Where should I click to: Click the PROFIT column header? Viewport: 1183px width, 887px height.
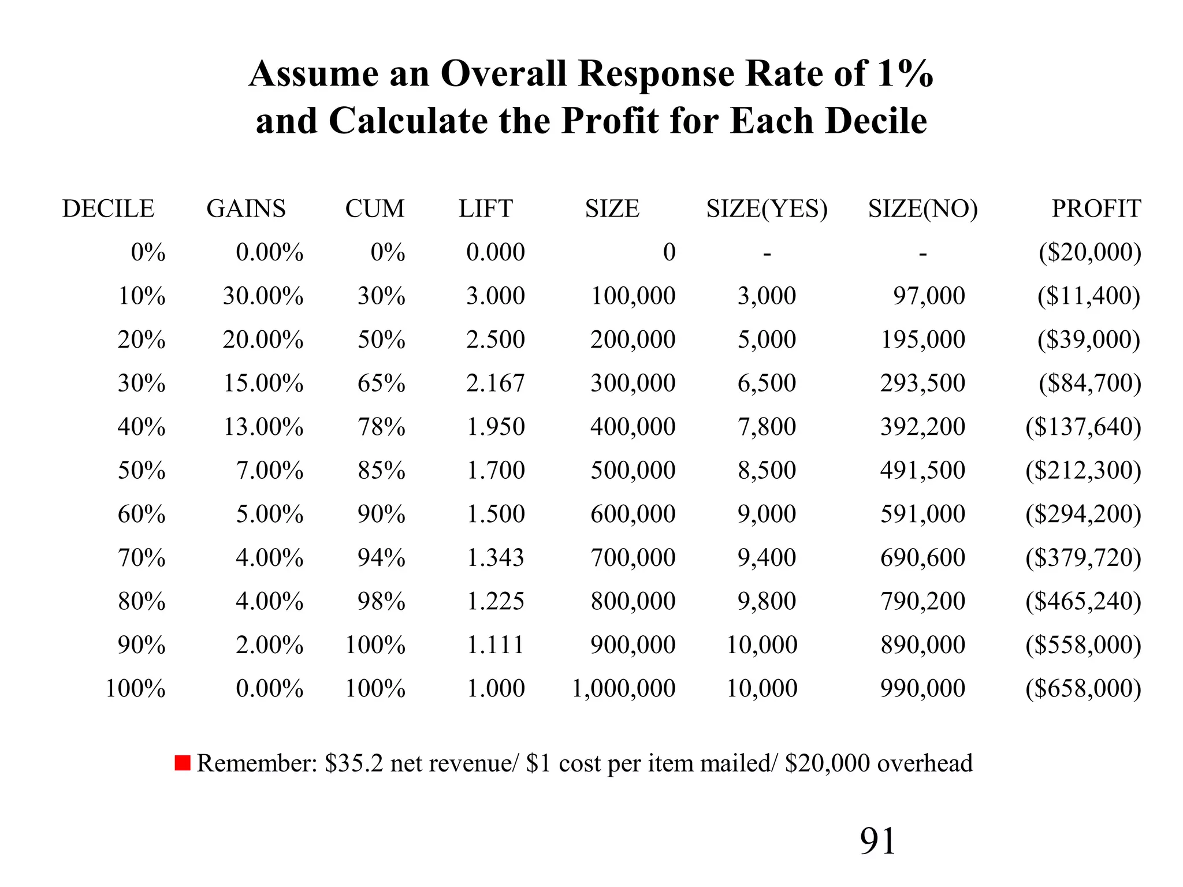(1096, 208)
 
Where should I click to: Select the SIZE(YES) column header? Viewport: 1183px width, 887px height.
(767, 208)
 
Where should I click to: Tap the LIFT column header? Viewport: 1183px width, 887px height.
(485, 208)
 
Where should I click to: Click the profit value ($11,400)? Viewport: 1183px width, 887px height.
(1089, 296)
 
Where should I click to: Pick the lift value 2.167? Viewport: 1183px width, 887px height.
(495, 383)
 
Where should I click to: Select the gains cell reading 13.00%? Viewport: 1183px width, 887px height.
(263, 427)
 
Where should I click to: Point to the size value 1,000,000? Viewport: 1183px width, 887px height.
(623, 688)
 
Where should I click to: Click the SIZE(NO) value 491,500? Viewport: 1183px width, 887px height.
(922, 470)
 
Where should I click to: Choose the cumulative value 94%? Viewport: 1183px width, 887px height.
(381, 557)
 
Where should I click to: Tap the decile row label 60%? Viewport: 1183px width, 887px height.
(142, 514)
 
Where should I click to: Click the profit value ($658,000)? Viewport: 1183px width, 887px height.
(1083, 688)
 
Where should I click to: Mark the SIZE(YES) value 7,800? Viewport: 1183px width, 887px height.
(767, 427)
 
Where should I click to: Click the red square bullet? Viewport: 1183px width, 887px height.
(183, 763)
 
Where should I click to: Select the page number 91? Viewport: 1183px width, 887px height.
(877, 841)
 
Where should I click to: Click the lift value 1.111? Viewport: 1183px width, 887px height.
(495, 644)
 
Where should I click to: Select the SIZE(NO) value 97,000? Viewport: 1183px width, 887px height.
(929, 296)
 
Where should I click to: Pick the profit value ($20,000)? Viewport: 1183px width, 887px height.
(1089, 252)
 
